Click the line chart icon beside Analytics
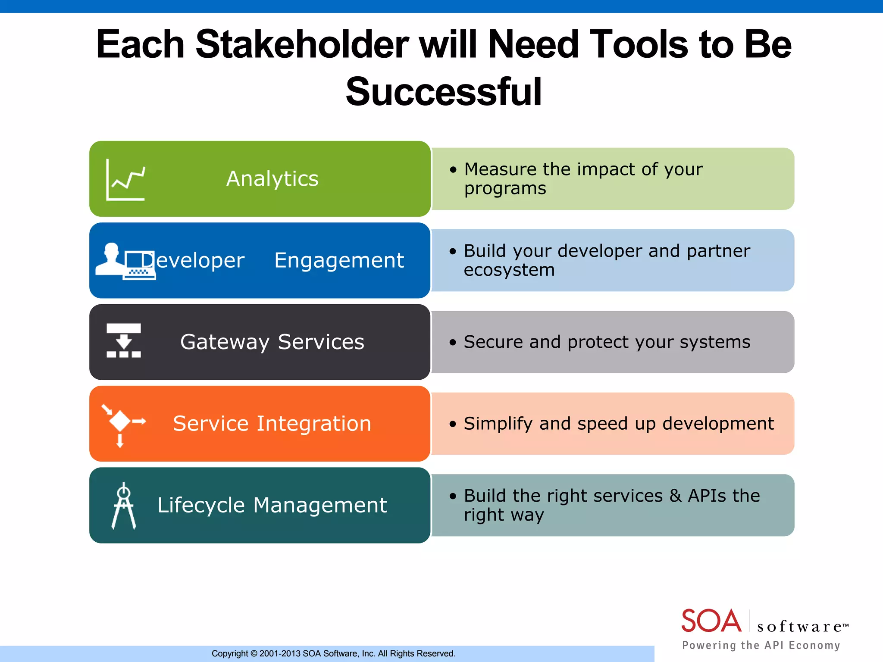[x=125, y=179]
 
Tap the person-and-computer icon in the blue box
[x=125, y=261]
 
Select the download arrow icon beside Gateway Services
[x=124, y=340]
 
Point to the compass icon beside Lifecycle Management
[x=124, y=506]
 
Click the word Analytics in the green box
[x=272, y=179]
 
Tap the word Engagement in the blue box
[x=339, y=260]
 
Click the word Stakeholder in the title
[x=302, y=44]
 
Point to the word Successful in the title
[x=443, y=92]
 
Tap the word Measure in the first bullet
[x=500, y=169]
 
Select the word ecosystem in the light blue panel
[x=509, y=270]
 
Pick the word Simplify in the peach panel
[x=498, y=424]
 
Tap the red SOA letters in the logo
[x=711, y=621]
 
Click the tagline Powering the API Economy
[x=761, y=645]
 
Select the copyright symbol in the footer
[x=254, y=654]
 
